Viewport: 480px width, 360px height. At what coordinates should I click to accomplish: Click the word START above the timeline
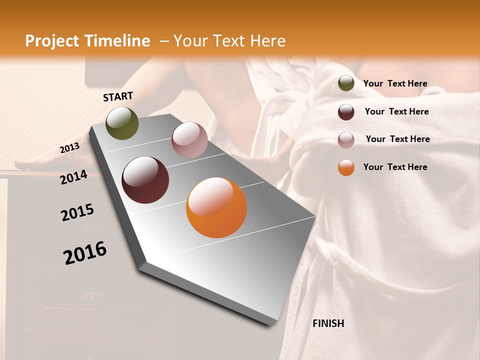tap(118, 96)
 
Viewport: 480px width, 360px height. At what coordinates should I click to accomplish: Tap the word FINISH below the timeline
tap(328, 323)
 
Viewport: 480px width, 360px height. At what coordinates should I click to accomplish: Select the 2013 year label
tap(70, 148)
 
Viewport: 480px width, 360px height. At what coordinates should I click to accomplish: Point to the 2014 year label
tap(74, 177)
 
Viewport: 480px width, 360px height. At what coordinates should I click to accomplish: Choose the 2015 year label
tap(77, 212)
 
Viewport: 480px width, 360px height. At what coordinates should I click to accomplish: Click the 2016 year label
tap(85, 252)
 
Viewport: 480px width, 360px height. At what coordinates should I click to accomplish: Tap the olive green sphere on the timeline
tap(122, 123)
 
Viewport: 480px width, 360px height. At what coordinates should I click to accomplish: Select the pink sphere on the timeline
tap(189, 140)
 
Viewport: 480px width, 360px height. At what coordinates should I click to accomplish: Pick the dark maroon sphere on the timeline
tap(145, 180)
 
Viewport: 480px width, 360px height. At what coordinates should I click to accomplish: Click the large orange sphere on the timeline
tap(216, 207)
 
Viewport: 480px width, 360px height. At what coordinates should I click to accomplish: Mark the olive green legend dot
tap(346, 83)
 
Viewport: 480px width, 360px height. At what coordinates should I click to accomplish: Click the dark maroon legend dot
tap(346, 112)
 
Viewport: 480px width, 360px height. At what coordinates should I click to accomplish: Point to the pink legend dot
tap(346, 140)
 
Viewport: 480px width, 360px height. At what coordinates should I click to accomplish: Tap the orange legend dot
tap(346, 167)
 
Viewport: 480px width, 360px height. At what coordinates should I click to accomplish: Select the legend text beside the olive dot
tap(395, 83)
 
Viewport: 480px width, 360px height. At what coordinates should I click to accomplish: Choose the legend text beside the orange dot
tap(395, 167)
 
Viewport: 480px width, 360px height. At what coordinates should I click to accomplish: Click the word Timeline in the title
tap(117, 41)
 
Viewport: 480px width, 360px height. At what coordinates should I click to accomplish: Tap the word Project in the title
tap(52, 41)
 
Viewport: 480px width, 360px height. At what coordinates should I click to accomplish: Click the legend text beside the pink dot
tap(397, 139)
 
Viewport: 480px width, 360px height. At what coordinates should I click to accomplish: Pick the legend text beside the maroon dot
tap(396, 111)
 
